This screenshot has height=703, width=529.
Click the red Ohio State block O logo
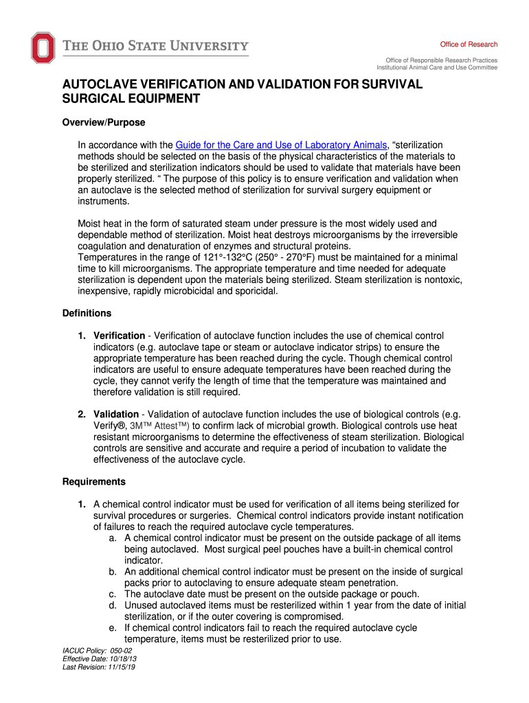pyautogui.click(x=42, y=47)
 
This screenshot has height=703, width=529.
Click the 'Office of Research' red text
pyautogui.click(x=469, y=45)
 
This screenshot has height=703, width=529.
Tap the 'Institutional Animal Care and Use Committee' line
pyautogui.click(x=437, y=68)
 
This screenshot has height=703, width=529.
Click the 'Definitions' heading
pyautogui.click(x=87, y=313)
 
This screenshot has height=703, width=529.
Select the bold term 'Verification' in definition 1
pyautogui.click(x=119, y=336)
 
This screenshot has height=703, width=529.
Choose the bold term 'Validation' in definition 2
pyautogui.click(x=115, y=414)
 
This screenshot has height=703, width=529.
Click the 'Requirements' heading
pyautogui.click(x=93, y=481)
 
